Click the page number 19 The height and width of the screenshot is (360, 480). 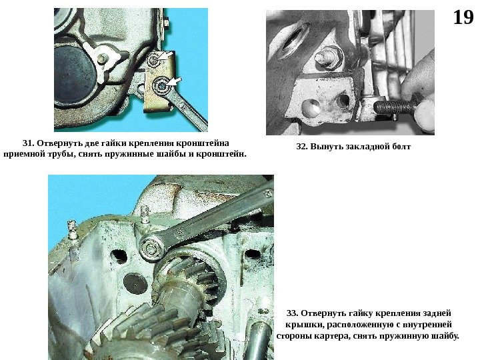[x=463, y=17]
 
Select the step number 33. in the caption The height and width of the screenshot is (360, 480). [x=292, y=313]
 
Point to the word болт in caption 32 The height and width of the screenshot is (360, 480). [x=401, y=147]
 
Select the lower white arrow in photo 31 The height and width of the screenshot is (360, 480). [x=175, y=81]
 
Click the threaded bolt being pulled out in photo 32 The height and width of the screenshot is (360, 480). [x=395, y=107]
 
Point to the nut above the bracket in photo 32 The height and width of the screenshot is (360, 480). [x=327, y=58]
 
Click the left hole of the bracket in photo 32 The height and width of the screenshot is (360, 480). [x=311, y=107]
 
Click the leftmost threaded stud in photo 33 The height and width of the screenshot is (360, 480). [x=71, y=229]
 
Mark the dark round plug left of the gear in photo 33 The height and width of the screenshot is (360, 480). [x=135, y=283]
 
